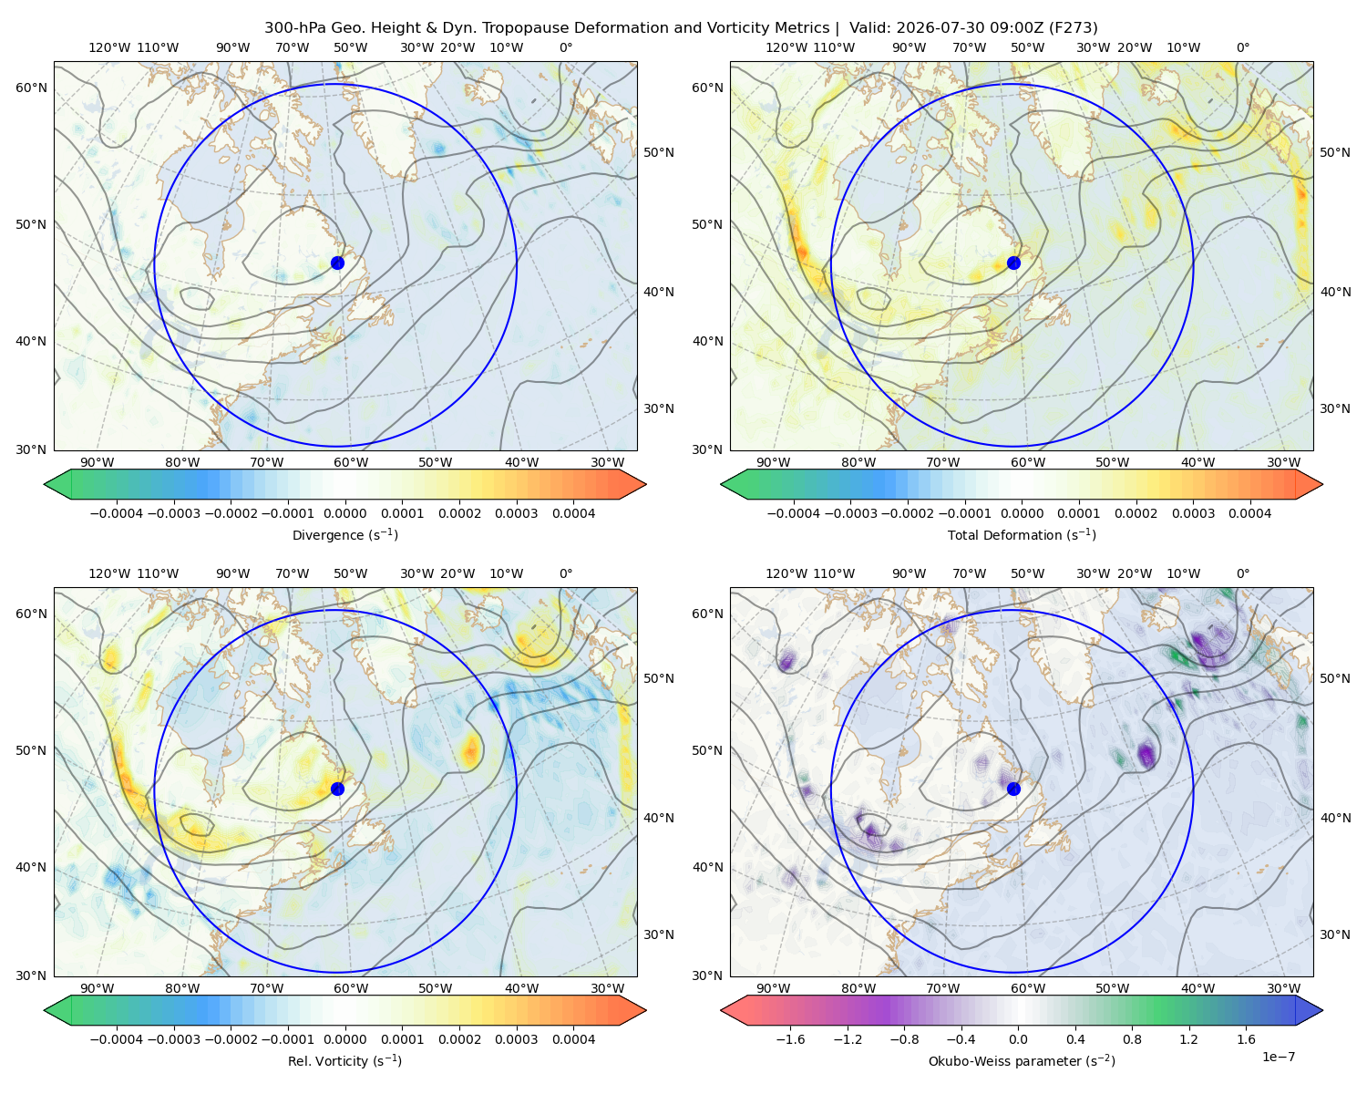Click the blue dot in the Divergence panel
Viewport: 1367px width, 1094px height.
pos(337,263)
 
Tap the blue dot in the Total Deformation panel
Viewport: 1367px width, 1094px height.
pos(1013,263)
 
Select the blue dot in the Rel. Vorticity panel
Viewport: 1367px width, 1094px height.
pos(337,789)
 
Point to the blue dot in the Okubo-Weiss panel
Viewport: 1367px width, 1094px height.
pos(1013,789)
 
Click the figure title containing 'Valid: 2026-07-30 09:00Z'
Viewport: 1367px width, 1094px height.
pos(681,28)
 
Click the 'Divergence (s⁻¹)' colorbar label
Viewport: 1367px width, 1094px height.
pos(344,534)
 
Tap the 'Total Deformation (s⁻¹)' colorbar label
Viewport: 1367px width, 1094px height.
pos(1022,534)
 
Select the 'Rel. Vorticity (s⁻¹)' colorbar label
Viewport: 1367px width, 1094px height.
pos(344,1060)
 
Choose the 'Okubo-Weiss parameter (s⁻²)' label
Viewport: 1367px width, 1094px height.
pos(1022,1060)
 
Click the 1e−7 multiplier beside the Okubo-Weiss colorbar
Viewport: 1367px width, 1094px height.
pos(1278,1057)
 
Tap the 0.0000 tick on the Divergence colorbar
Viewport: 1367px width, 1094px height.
pos(344,513)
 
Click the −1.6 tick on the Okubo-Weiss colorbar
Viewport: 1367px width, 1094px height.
pos(790,1039)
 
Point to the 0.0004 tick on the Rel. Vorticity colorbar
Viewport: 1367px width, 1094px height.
pos(573,1039)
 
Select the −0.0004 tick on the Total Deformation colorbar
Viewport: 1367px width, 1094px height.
pos(794,513)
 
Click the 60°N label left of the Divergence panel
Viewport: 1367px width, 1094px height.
pos(31,88)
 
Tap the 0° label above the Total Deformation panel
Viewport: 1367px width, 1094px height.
pos(1243,47)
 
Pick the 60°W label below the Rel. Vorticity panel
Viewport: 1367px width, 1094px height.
pos(351,988)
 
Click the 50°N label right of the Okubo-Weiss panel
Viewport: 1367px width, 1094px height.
pos(1335,678)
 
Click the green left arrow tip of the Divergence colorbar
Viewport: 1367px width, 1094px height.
pos(45,484)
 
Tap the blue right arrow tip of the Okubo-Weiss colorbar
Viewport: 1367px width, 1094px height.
pos(1322,1010)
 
